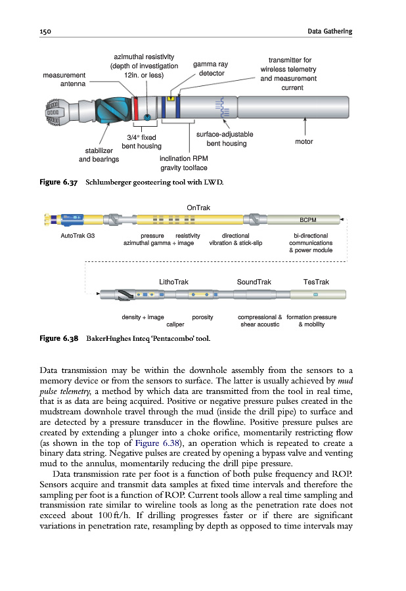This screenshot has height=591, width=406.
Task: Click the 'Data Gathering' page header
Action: (330, 32)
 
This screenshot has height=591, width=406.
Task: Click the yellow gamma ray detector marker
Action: (171, 99)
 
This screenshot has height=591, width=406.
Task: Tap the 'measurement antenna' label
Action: (64, 79)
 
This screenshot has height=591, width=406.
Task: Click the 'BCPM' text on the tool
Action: (308, 220)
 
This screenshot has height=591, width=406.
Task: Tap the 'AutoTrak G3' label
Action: (77, 235)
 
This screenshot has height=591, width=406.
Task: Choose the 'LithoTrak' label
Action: (174, 282)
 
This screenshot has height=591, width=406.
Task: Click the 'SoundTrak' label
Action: (254, 282)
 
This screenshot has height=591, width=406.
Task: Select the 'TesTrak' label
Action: (316, 282)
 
